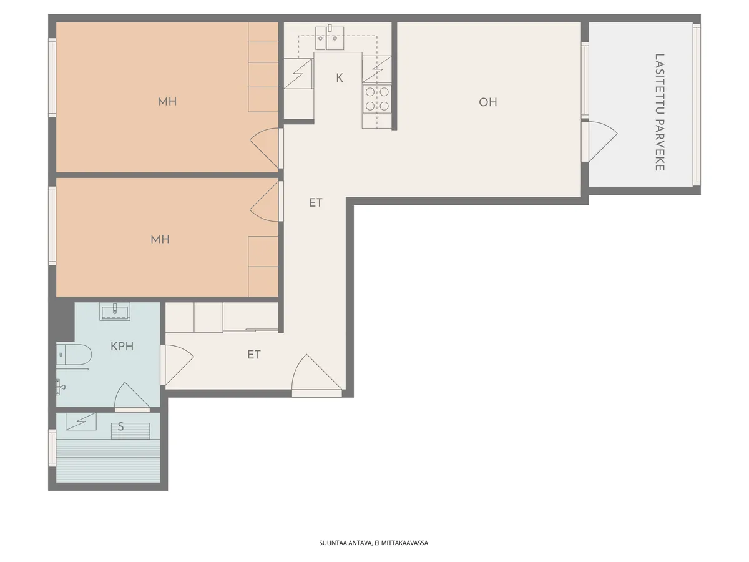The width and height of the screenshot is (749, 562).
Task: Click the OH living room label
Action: coord(487,102)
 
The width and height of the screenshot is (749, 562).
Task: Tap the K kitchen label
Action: coord(340,78)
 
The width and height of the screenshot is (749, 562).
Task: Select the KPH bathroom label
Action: coord(122,347)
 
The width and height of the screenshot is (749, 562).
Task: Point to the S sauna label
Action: coord(120,426)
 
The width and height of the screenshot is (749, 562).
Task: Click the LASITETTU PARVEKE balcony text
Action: coord(660,112)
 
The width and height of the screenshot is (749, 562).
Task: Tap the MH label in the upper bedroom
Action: coord(167,101)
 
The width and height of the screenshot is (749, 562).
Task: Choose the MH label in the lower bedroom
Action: coord(160,239)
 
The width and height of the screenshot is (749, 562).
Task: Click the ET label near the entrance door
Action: coord(254,355)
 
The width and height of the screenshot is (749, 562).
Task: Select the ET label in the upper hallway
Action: coord(316,203)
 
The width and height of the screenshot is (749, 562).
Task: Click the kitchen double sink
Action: coord(330,37)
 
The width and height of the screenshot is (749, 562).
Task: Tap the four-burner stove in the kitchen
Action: coord(377,99)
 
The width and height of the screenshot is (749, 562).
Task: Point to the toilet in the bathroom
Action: coord(74,354)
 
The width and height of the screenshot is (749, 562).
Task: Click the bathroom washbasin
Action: coord(115,311)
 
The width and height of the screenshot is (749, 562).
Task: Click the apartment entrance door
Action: coord(317,376)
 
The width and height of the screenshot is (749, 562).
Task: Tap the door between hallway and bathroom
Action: coord(177,365)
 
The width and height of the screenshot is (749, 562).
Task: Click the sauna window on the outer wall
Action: coord(52,448)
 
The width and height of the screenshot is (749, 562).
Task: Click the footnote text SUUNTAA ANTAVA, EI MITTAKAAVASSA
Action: coord(374,543)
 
